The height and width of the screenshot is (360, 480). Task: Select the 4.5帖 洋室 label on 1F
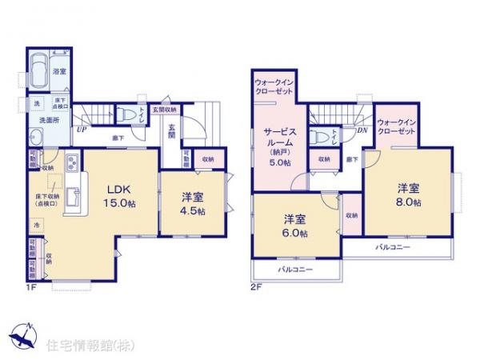pyautogui.click(x=192, y=204)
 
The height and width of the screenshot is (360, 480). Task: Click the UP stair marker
pyautogui.click(x=82, y=128)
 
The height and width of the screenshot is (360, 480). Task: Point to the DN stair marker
pyautogui.click(x=361, y=130)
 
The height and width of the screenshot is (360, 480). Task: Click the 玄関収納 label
pyautogui.click(x=166, y=109)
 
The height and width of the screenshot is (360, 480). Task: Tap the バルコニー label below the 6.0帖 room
pyautogui.click(x=295, y=270)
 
